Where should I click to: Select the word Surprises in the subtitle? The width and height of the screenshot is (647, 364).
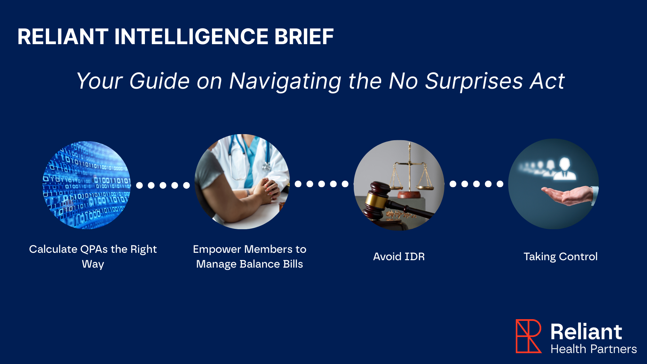coord(474,81)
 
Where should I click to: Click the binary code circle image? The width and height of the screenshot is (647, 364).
coord(87,185)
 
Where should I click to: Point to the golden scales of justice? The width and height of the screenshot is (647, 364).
coord(409,172)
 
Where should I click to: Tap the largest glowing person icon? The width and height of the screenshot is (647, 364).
coord(565,169)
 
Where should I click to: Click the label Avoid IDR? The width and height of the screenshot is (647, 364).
coord(399,256)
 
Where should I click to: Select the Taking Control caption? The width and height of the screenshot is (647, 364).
coord(560,256)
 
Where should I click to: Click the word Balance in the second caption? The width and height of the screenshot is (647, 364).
coord(259,264)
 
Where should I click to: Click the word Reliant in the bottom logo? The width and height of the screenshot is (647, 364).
coord(586,332)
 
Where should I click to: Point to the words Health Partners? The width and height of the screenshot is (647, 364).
coord(593,349)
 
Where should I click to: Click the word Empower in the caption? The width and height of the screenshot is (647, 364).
coord(217,249)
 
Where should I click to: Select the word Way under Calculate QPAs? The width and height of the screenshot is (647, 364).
coord(93,264)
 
